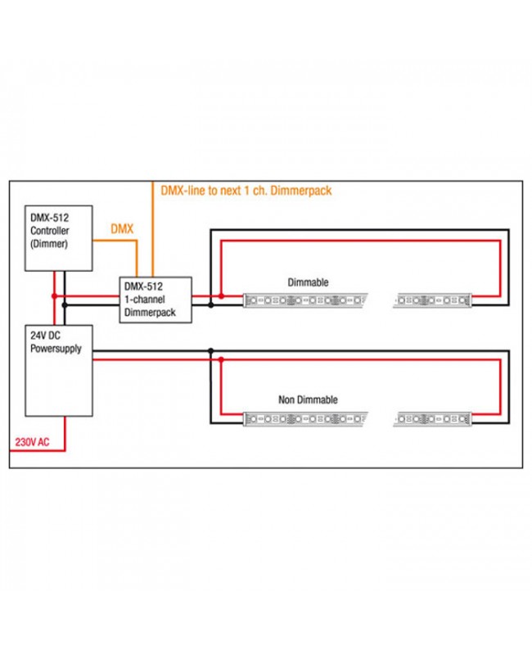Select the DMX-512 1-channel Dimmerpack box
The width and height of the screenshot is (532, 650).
(x=156, y=299)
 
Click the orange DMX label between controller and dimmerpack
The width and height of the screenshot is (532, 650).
(x=121, y=230)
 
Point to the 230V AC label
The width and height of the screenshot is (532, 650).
(x=31, y=443)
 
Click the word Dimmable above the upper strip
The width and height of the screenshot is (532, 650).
(x=308, y=282)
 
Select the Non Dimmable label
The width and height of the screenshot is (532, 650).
(x=308, y=400)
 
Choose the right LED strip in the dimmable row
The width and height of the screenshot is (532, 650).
(x=433, y=301)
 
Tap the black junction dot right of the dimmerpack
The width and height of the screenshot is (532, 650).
(x=211, y=305)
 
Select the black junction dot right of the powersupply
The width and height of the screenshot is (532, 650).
(x=211, y=350)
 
